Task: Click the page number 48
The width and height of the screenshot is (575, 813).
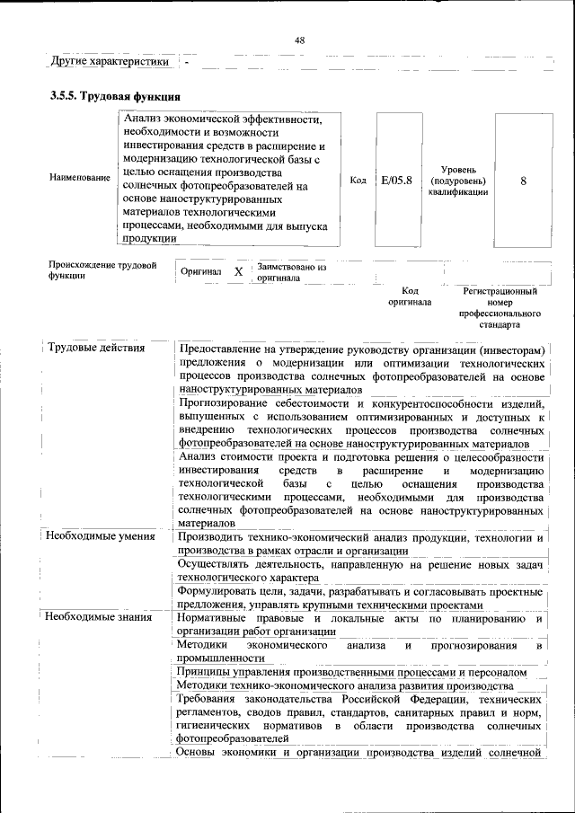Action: (x=299, y=40)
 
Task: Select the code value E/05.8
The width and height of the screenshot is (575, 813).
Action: (x=395, y=181)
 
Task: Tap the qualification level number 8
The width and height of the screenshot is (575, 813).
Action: (x=522, y=181)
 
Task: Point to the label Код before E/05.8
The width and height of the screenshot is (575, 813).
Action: (x=358, y=181)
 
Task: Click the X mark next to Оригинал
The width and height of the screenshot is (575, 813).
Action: (x=238, y=271)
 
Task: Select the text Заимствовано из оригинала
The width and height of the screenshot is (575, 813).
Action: (x=291, y=272)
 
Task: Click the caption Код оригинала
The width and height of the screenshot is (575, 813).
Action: (x=410, y=296)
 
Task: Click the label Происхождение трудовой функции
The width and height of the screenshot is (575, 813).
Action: (x=102, y=270)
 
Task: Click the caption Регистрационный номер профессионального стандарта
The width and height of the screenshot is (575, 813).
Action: (x=500, y=308)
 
